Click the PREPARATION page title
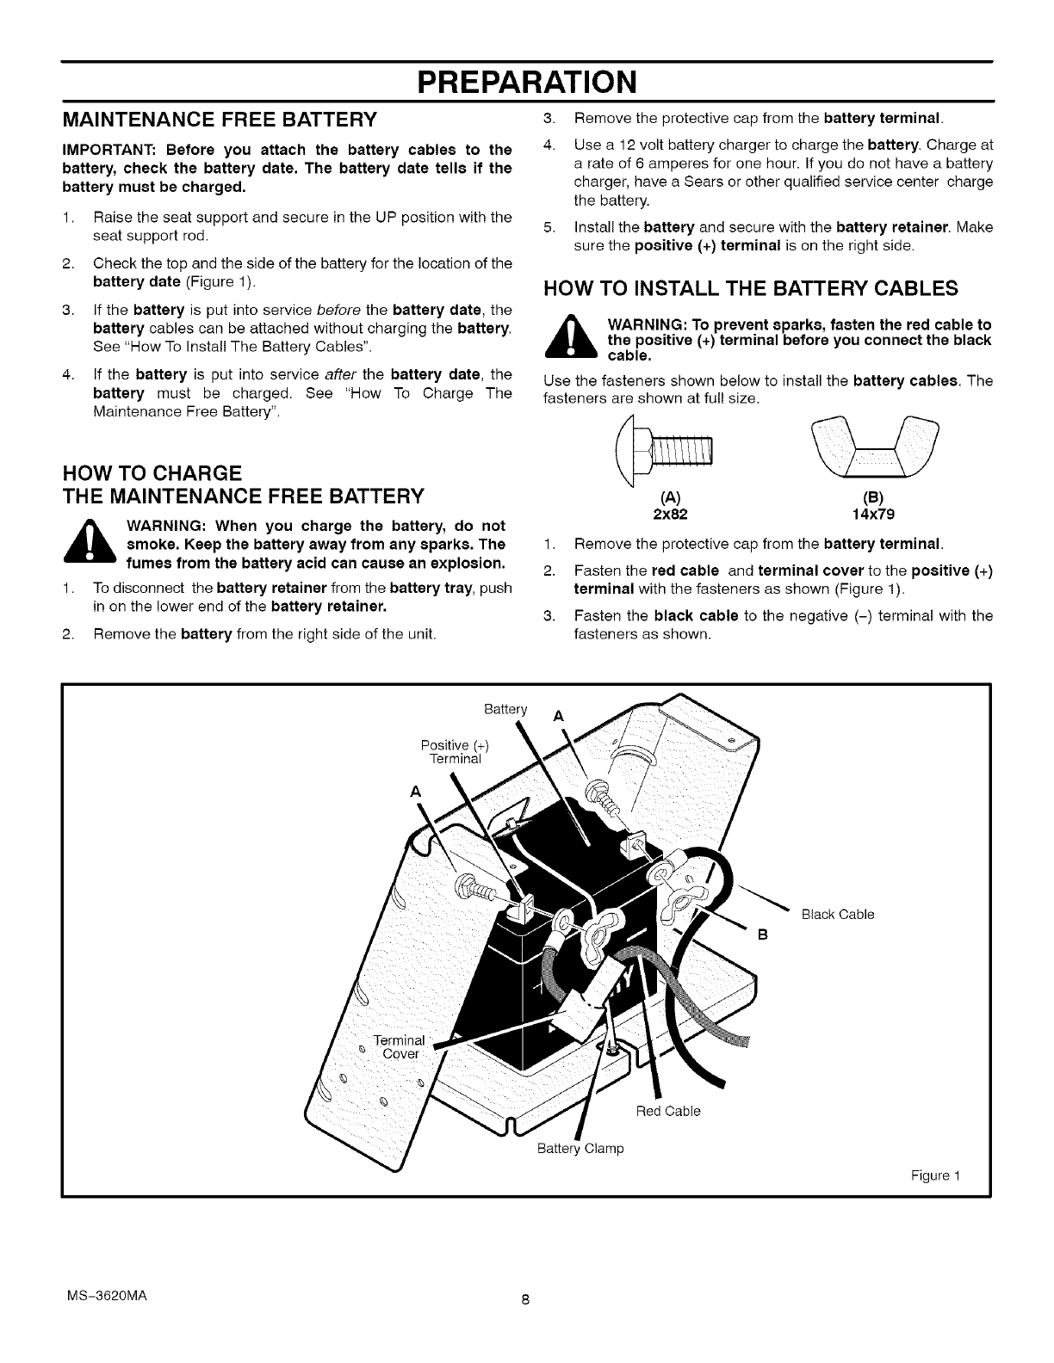[526, 83]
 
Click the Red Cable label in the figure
[668, 1111]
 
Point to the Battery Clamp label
[580, 1149]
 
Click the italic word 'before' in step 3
[339, 310]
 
